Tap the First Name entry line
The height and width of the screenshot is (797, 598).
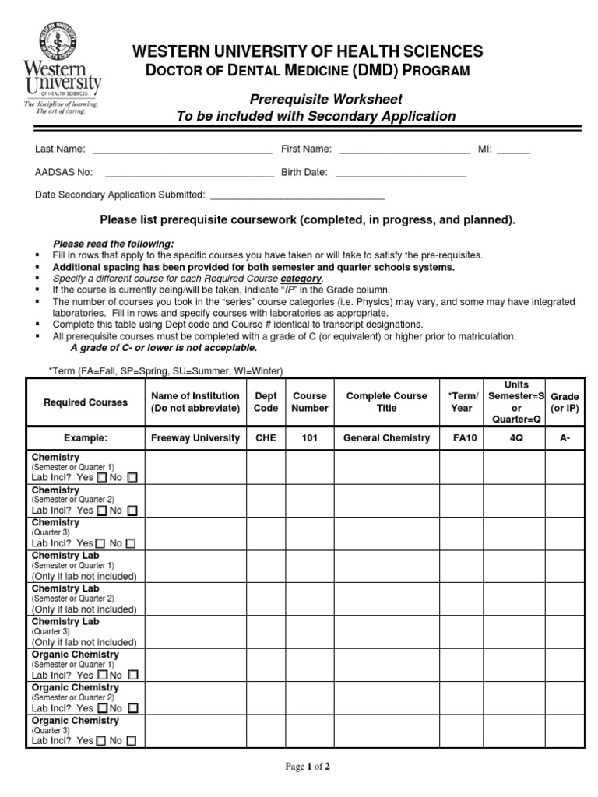[404, 149]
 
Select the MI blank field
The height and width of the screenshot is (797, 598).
[513, 149]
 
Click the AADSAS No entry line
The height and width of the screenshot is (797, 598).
[188, 173]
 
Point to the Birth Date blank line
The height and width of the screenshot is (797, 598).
[400, 173]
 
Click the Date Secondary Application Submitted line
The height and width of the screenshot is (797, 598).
[297, 195]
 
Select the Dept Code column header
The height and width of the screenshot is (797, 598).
[266, 402]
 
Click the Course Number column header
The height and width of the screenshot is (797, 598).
[309, 402]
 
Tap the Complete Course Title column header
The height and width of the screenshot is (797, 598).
[386, 402]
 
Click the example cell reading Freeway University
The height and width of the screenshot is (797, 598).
[195, 438]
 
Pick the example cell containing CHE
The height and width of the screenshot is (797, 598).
[266, 438]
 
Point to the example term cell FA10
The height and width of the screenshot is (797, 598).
[461, 438]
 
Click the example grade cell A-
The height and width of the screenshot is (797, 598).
[565, 438]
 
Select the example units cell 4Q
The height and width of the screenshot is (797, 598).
[514, 438]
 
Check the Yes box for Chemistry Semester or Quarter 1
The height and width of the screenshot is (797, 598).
[101, 477]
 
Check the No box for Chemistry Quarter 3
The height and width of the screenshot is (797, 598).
[130, 543]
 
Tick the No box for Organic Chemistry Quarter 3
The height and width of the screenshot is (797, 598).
[132, 741]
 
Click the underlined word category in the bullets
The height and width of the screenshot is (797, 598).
[301, 279]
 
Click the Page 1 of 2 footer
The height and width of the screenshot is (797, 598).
[308, 767]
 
